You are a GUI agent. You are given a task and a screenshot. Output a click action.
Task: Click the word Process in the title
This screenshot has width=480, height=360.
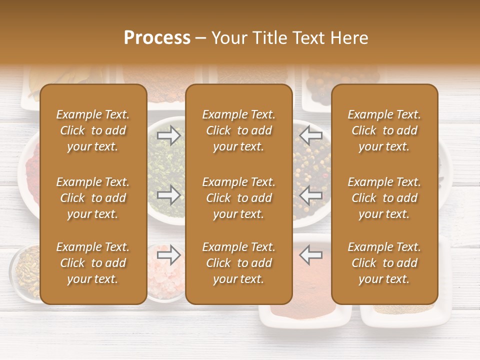(157, 38)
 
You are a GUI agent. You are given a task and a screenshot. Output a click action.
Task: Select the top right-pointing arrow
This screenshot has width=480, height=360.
(168, 135)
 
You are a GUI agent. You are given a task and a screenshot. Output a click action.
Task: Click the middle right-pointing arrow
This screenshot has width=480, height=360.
(168, 194)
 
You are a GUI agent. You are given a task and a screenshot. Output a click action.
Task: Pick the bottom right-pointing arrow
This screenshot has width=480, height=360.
(168, 255)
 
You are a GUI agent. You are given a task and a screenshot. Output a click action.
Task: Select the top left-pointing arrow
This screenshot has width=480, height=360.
(310, 135)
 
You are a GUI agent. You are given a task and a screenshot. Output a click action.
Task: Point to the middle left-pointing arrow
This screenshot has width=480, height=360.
(310, 194)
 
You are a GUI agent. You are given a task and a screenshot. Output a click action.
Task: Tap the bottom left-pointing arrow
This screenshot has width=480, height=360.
(310, 255)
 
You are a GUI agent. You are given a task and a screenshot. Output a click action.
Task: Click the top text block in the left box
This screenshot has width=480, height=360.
(93, 130)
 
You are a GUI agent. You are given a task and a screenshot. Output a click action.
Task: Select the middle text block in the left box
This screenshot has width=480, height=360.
(93, 198)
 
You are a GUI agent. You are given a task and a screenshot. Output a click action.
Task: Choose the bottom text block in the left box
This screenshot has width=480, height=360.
(93, 263)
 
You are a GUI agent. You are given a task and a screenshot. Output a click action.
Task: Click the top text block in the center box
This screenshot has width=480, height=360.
(238, 130)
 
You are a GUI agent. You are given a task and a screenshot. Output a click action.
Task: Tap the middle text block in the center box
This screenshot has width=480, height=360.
(238, 198)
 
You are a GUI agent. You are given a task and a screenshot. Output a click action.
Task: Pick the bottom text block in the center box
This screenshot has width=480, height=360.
(238, 263)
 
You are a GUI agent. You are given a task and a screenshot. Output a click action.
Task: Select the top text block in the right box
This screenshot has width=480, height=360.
(384, 130)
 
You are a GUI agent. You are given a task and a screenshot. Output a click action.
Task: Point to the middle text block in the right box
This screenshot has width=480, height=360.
(384, 198)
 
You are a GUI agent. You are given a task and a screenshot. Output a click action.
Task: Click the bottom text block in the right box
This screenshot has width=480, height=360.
(384, 263)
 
